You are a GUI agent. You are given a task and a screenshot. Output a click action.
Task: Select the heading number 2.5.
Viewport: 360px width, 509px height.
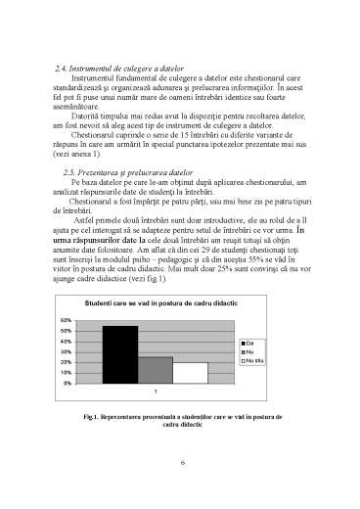[67, 198]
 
